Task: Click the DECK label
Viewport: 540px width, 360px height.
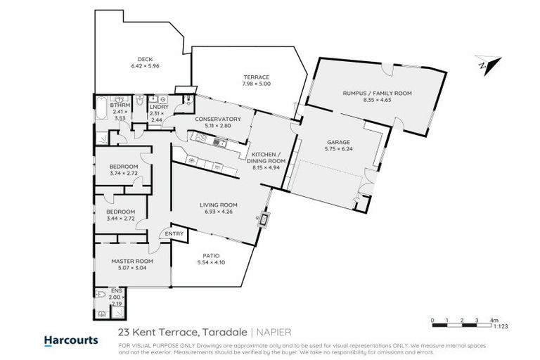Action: point(145,60)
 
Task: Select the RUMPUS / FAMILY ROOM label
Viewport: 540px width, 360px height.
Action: point(376,93)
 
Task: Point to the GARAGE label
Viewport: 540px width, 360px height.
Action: point(342,141)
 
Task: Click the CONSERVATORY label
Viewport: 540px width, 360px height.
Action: point(218,119)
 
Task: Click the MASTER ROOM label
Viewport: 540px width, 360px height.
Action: point(131,261)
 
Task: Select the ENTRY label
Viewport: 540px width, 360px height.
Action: point(173,234)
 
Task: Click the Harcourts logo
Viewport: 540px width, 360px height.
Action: point(71,340)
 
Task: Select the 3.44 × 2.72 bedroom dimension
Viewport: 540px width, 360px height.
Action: point(120,218)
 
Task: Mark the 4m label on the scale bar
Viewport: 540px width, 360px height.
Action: point(493,321)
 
